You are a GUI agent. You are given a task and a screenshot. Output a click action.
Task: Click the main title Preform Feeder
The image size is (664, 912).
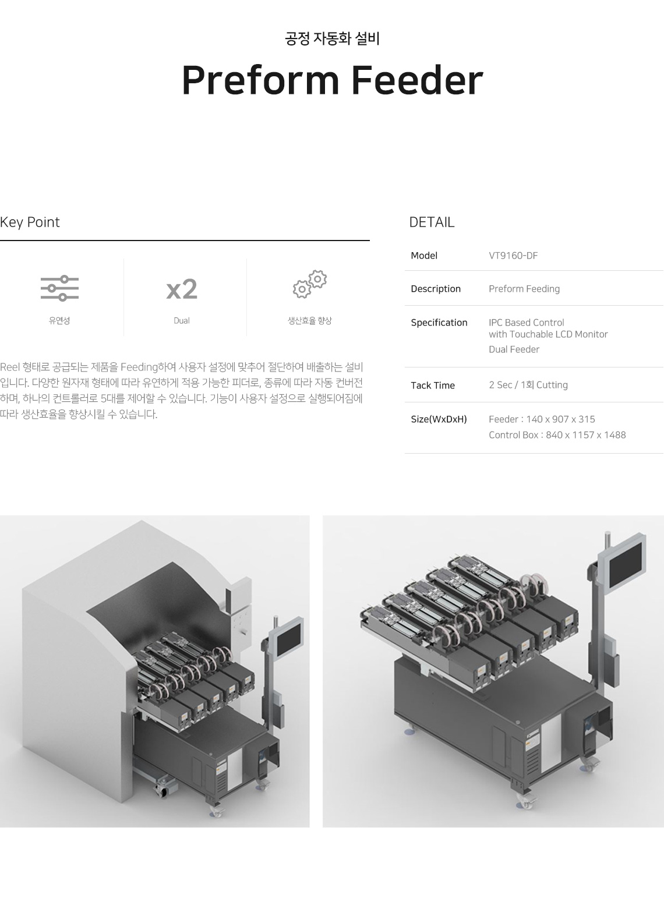coord(332,80)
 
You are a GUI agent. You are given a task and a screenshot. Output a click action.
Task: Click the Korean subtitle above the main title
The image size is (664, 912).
coord(332,38)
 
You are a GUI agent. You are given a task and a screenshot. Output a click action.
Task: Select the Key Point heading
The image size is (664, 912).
coord(30,222)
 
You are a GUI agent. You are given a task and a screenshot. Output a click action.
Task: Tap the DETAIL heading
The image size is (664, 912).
coord(432,222)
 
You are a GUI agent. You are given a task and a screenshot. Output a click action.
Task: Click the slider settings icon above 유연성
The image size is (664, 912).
coord(59,288)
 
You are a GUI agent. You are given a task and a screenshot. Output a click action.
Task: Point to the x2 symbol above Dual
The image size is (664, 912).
coord(182,289)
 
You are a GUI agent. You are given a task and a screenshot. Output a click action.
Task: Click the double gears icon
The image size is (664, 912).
coord(309,284)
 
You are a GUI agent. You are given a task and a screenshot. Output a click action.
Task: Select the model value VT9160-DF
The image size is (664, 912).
coord(513,256)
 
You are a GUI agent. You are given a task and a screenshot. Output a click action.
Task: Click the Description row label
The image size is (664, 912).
coord(436,289)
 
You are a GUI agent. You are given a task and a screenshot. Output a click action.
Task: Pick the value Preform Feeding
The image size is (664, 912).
coord(524,289)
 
